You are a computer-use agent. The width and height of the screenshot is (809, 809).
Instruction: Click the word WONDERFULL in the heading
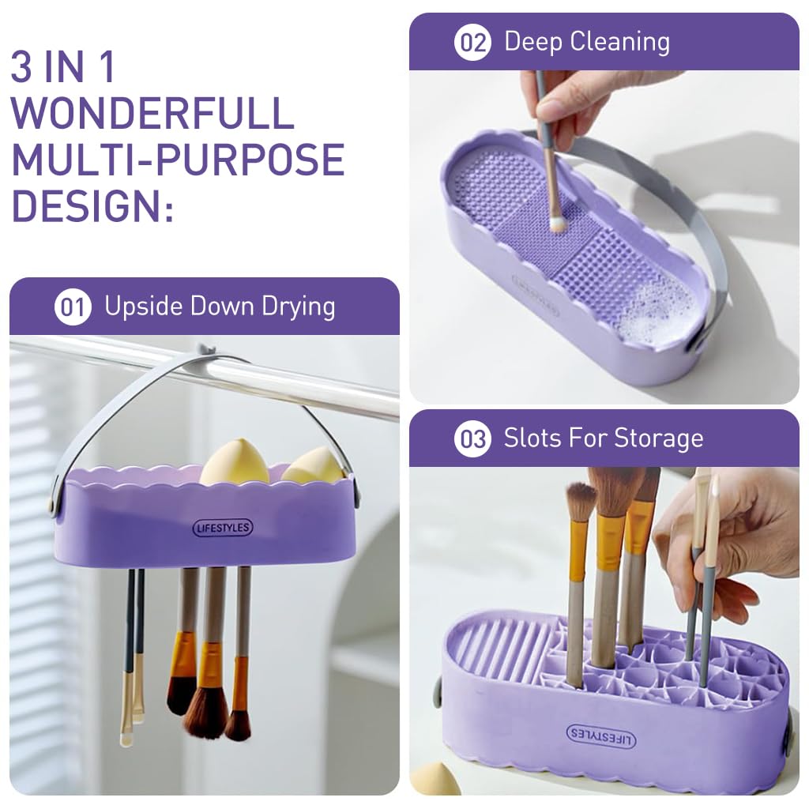click(x=152, y=113)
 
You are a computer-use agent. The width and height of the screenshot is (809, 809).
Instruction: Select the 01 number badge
click(x=72, y=307)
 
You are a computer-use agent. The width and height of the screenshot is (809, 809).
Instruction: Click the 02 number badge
click(x=472, y=42)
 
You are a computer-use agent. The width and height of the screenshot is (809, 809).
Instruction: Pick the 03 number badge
click(x=472, y=438)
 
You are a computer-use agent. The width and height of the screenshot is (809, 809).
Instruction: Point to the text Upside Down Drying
click(x=220, y=307)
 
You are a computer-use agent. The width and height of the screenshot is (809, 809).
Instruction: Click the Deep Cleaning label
click(x=586, y=42)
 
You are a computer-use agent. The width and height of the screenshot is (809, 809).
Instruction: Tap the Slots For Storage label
click(x=603, y=438)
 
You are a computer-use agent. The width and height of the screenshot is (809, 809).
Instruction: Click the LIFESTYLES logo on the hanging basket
click(x=223, y=528)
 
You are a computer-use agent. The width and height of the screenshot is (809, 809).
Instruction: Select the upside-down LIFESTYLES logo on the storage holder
click(x=601, y=736)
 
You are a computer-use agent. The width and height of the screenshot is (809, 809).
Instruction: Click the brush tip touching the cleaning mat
click(x=558, y=224)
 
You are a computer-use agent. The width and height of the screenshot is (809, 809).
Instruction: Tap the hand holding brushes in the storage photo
click(x=731, y=545)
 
